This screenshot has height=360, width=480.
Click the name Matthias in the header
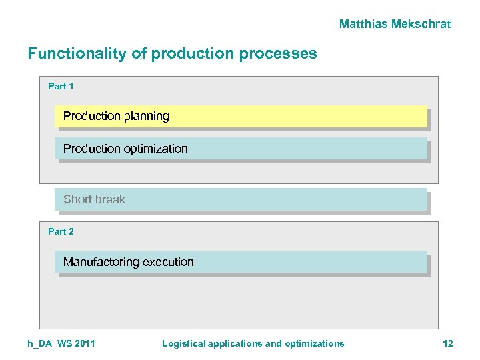coord(363,24)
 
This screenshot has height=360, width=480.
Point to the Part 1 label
coord(61,86)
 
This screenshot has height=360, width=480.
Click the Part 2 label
coord(61,231)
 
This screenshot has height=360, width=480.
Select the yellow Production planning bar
coord(240,116)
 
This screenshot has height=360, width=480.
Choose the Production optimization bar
coord(240,149)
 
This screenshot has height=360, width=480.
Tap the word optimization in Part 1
coord(156,149)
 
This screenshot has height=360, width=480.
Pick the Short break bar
coord(240,199)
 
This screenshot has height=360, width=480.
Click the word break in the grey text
coord(110,199)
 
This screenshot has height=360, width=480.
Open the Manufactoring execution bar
coord(240,262)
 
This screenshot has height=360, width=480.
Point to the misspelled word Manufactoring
coord(101,262)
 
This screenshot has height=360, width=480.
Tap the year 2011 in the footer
coord(84,343)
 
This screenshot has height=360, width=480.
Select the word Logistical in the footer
coord(183,343)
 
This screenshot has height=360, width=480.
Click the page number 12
coord(447,343)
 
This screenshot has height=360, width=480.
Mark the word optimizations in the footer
coord(314,343)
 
